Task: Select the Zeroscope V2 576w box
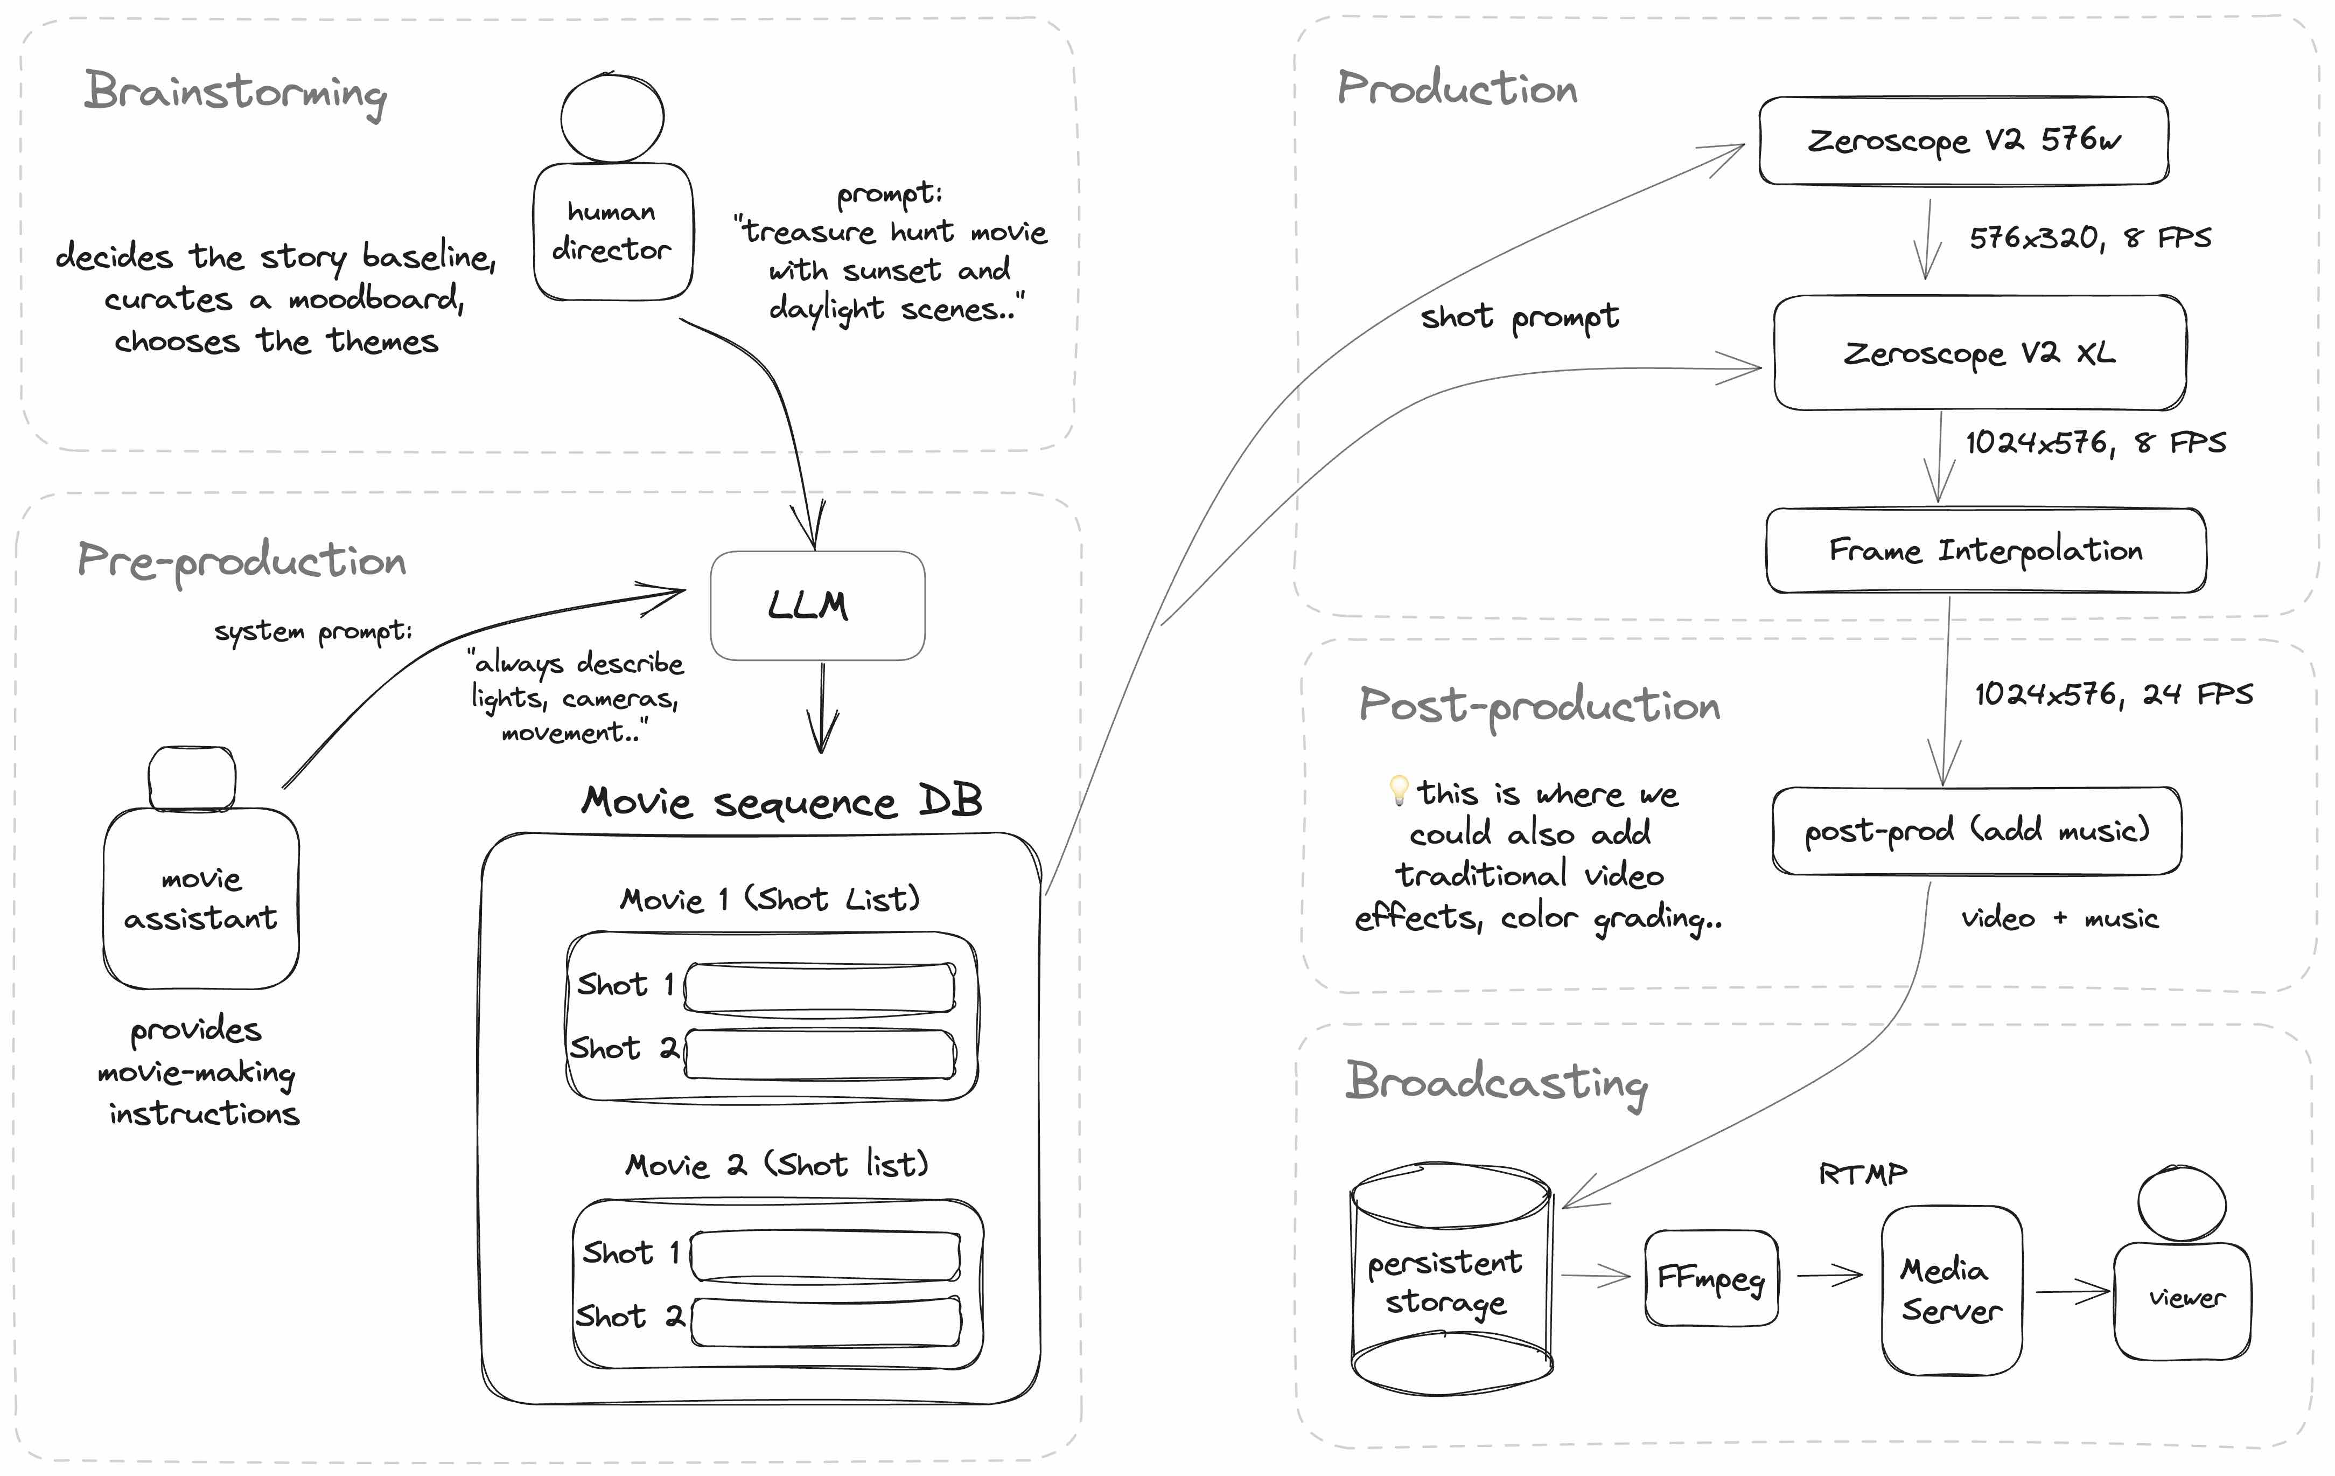click(x=1963, y=141)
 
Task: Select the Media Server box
click(x=1951, y=1290)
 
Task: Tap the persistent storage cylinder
click(x=1451, y=1280)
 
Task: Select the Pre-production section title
click(x=241, y=561)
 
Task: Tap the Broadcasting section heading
click(x=1496, y=1082)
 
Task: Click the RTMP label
click(x=1862, y=1174)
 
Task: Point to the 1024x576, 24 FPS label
click(x=2113, y=694)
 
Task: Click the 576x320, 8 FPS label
click(x=2089, y=238)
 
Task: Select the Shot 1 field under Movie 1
click(x=820, y=987)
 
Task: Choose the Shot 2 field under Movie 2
click(x=826, y=1321)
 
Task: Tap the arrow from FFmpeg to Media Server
click(x=1829, y=1275)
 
